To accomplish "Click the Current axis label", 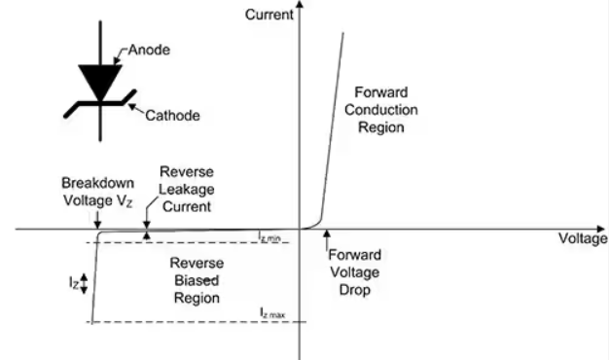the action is pyautogui.click(x=269, y=15).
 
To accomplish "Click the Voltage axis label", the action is pyautogui.click(x=583, y=238).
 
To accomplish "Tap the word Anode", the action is pyautogui.click(x=149, y=50).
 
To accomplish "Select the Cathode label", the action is pyautogui.click(x=173, y=116).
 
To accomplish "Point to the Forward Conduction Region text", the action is pyautogui.click(x=381, y=110).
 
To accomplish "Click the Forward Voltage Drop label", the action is pyautogui.click(x=355, y=272).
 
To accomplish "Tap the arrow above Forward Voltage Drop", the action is pyautogui.click(x=327, y=239).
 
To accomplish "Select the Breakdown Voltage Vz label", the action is pyautogui.click(x=98, y=192).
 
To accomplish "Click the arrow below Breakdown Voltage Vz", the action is pyautogui.click(x=98, y=220).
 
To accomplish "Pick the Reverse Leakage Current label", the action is pyautogui.click(x=187, y=189).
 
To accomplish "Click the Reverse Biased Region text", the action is pyautogui.click(x=197, y=280).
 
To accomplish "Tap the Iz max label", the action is pyautogui.click(x=272, y=312).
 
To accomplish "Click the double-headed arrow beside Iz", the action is pyautogui.click(x=84, y=284).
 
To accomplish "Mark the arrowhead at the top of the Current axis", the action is pyautogui.click(x=300, y=4).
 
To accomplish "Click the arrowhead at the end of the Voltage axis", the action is pyautogui.click(x=600, y=229).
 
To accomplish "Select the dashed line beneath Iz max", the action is pyautogui.click(x=197, y=322).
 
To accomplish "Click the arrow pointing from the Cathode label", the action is pyautogui.click(x=137, y=109).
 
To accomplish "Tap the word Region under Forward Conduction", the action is pyautogui.click(x=381, y=127).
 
